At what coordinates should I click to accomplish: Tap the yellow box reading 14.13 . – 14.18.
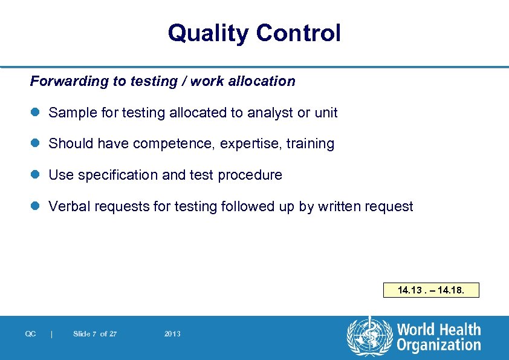coord(431,290)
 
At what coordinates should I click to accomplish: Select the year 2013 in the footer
coord(172,334)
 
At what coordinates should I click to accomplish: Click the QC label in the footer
coord(30,334)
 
